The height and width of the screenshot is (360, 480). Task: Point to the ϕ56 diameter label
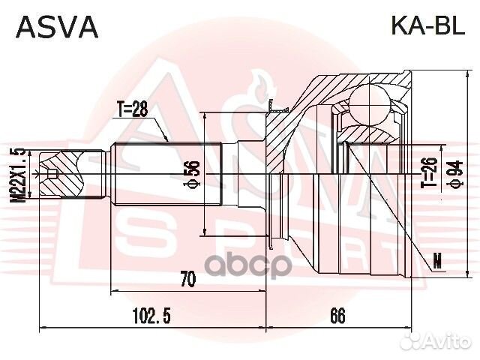(194, 173)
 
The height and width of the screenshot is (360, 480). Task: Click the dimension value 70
(187, 280)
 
